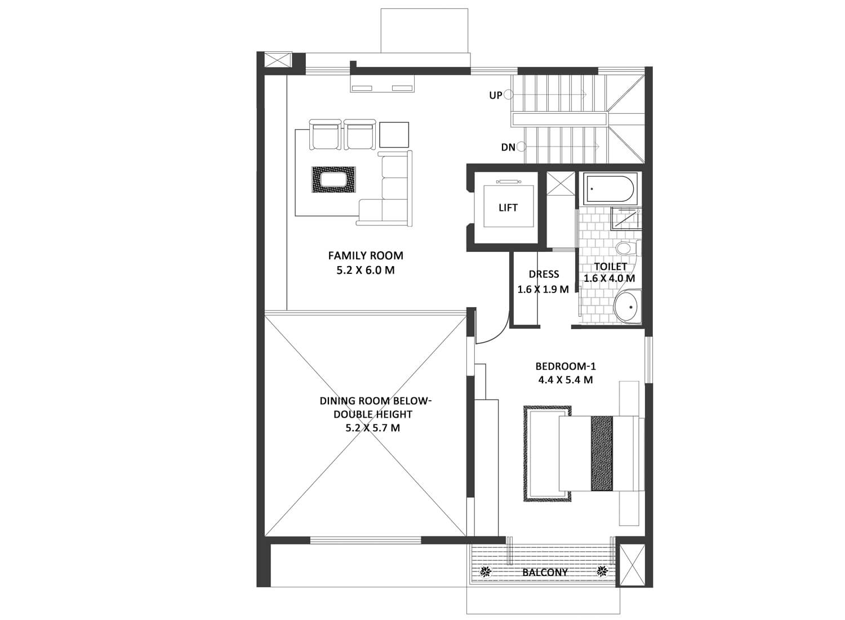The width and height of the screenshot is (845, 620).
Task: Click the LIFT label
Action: (x=508, y=207)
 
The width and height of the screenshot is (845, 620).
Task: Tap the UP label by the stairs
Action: (x=495, y=95)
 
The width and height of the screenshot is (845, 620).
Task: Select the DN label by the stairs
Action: (x=508, y=147)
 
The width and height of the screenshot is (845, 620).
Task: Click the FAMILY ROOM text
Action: (x=366, y=255)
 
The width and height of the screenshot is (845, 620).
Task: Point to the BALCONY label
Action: (x=545, y=572)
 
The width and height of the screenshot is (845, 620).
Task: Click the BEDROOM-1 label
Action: (x=566, y=366)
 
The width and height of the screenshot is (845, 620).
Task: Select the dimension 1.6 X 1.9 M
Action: (x=543, y=290)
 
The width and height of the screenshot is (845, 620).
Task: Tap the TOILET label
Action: (x=610, y=267)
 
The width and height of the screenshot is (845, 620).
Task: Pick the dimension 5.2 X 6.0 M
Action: (x=366, y=270)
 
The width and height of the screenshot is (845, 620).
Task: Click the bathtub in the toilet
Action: (x=610, y=188)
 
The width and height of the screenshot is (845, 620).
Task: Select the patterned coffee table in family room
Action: (x=333, y=180)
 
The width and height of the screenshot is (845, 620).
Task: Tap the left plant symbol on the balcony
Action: (x=486, y=572)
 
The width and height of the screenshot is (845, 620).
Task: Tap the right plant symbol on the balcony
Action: (x=602, y=572)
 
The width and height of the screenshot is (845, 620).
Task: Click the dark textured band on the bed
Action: (x=602, y=453)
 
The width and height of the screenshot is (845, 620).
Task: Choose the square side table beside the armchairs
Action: (x=394, y=134)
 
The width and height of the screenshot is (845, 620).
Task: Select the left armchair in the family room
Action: (x=325, y=134)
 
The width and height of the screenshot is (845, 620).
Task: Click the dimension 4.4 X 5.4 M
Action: (x=566, y=380)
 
